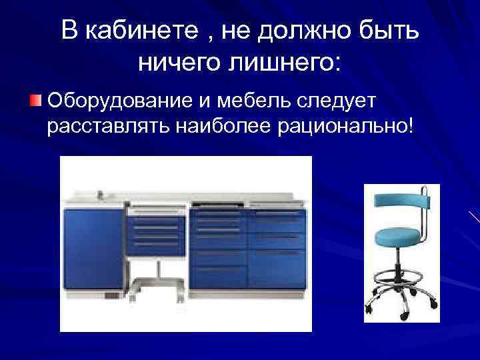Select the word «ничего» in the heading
point(177,63)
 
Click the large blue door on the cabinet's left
point(93,251)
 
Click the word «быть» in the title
point(390,30)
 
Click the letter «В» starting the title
point(69,30)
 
